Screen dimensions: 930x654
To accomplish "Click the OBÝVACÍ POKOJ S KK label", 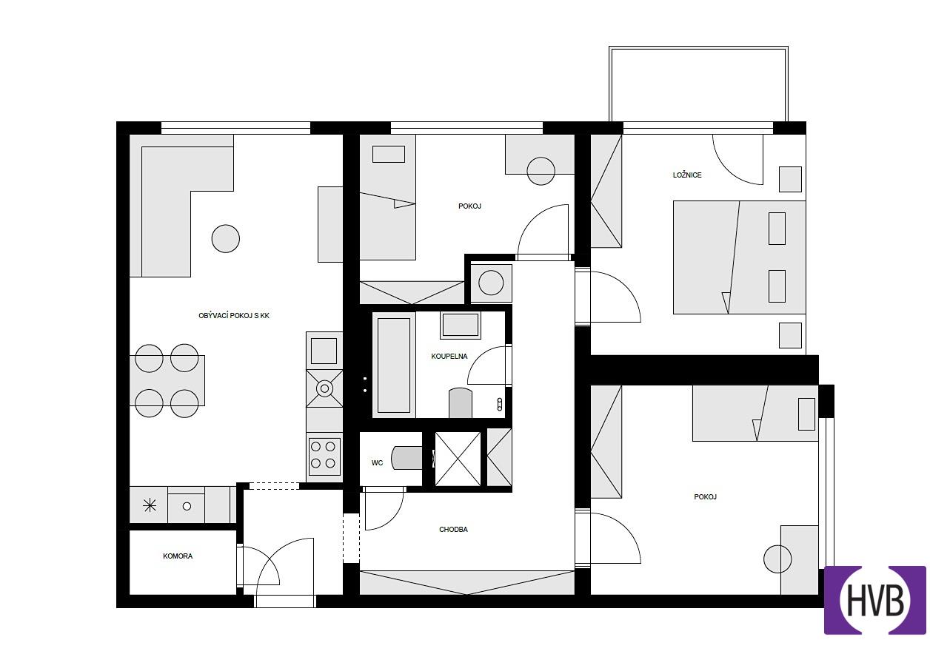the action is [234, 316].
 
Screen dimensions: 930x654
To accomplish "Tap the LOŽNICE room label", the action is [687, 175].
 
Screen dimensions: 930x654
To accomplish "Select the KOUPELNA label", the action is [449, 357].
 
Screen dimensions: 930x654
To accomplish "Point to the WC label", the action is [377, 463].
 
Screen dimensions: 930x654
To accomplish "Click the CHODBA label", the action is [453, 529].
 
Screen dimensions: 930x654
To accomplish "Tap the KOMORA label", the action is [178, 556].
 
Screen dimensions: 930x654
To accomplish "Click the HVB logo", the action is [874, 600].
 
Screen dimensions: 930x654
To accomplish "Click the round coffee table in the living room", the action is [225, 239].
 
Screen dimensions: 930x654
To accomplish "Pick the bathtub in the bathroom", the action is [394, 365].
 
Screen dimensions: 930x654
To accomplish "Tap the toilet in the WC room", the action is [407, 458].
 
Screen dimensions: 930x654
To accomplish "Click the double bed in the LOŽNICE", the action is [740, 257].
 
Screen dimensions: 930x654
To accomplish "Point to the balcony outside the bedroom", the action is [698, 84].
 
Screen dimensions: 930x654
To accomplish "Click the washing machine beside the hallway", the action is [491, 283].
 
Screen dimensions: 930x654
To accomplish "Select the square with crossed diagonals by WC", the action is [458, 459].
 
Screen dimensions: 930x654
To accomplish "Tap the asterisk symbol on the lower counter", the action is [150, 505].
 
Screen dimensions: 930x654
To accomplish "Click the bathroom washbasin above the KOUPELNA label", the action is [460, 325].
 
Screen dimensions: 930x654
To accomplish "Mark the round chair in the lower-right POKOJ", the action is [777, 559].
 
